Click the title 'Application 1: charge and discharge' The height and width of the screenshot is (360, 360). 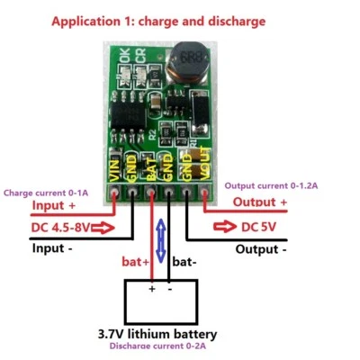coord(171,19)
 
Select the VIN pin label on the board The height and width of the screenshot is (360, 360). coord(115,168)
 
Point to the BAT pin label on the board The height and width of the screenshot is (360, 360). coord(150,168)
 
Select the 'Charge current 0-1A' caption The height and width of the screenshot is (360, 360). coord(44,192)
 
